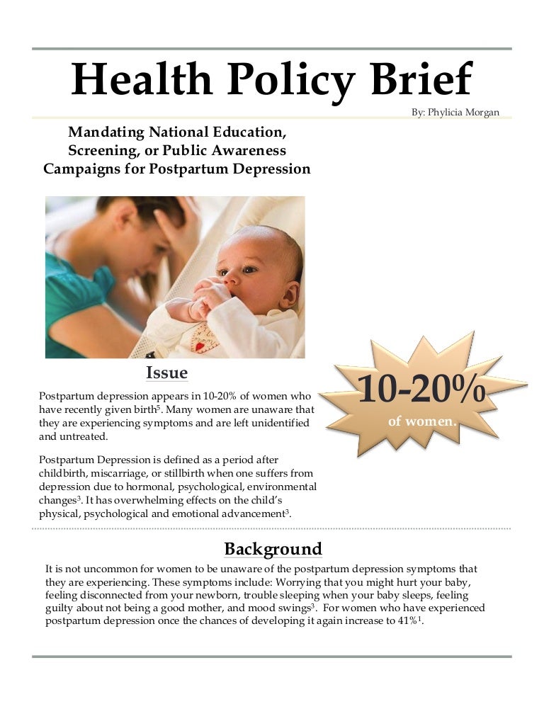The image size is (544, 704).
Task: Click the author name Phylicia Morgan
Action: pyautogui.click(x=455, y=112)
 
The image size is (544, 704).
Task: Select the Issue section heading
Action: pyautogui.click(x=166, y=372)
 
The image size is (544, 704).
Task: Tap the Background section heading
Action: pyautogui.click(x=273, y=548)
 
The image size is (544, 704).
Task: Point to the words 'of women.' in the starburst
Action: pyautogui.click(x=421, y=421)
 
